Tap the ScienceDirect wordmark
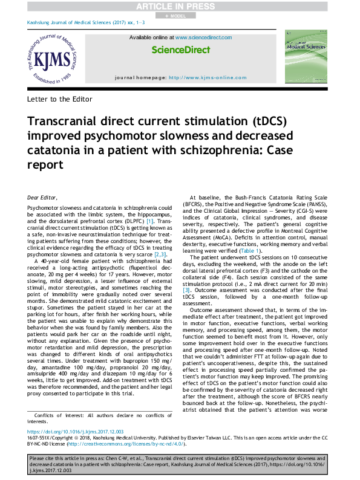click(180, 50)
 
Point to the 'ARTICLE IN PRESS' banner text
click(180, 6)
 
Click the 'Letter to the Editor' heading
click(60, 99)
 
